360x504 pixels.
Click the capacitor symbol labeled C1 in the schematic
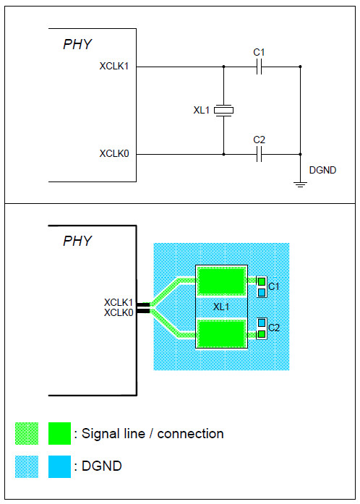260,67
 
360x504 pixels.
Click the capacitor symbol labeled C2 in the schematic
260,153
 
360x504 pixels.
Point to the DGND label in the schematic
322,171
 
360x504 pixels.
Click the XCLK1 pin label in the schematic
114,67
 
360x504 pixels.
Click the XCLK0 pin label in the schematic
114,153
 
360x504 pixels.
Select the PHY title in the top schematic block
77,45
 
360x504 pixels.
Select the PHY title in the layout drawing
77,241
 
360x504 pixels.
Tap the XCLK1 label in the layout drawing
119,302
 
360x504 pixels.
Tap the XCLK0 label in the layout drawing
119,312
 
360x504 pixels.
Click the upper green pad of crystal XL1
221,281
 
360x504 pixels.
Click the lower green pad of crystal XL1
221,336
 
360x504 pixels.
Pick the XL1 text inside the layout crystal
221,307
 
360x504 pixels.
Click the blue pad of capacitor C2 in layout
261,323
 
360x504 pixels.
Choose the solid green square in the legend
59,433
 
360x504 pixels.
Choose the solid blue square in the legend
59,466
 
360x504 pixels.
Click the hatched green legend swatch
27,433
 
